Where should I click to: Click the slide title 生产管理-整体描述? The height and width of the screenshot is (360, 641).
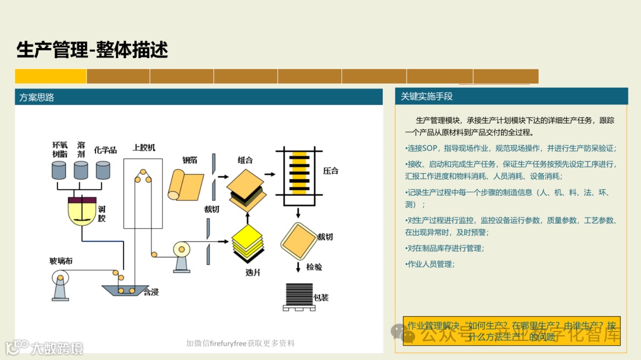coord(92,50)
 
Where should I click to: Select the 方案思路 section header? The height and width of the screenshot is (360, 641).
coord(37,97)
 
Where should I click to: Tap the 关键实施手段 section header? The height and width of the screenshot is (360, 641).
coord(427,96)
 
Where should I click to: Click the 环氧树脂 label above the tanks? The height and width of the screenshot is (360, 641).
coord(60,149)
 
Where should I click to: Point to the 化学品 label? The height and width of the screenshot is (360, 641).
coord(105,150)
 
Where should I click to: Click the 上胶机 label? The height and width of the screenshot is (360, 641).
coord(144,147)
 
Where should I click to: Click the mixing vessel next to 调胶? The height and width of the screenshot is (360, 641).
coord(80,211)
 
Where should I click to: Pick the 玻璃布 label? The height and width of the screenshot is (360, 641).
coord(61,260)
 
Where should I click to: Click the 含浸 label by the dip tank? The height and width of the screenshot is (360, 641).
coord(151,292)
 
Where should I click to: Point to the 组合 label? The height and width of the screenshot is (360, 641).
coord(245,160)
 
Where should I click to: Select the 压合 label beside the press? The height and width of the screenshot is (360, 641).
coord(331,171)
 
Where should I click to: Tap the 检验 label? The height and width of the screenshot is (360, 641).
coord(314,267)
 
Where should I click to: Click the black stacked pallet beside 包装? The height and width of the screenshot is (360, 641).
coord(299,296)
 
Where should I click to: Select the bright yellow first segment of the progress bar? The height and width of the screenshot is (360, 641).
coord(50,77)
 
